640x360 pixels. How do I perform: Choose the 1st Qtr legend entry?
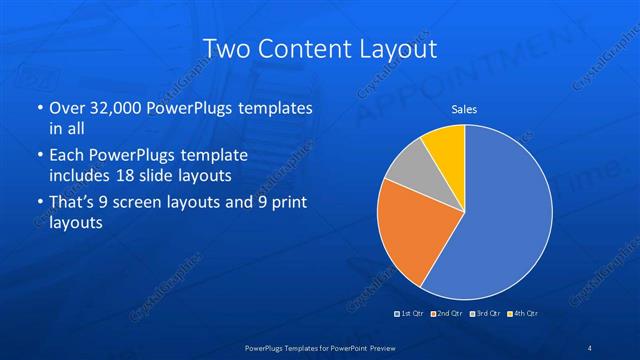tap(410, 314)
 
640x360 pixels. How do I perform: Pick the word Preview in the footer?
tap(378, 347)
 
